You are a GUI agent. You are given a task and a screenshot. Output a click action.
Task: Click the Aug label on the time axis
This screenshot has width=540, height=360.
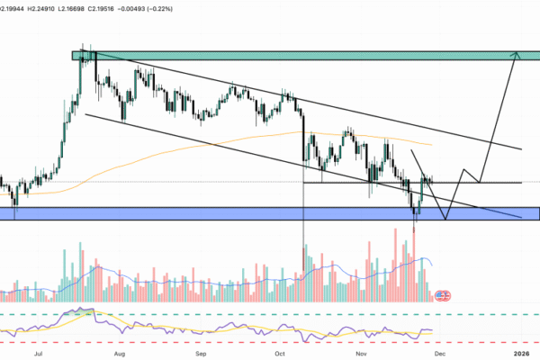[x=120, y=355]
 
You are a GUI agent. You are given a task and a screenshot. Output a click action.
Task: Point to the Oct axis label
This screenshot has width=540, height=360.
[x=280, y=355]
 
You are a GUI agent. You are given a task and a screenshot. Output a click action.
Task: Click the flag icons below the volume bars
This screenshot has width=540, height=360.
[x=443, y=294]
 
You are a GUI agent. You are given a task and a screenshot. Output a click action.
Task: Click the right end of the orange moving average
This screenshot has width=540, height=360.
[x=431, y=144]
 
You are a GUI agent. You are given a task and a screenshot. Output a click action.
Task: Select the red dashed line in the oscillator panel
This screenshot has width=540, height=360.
[x=270, y=343]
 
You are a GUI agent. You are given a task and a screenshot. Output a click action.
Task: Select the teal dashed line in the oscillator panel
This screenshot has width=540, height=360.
[x=270, y=314]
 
